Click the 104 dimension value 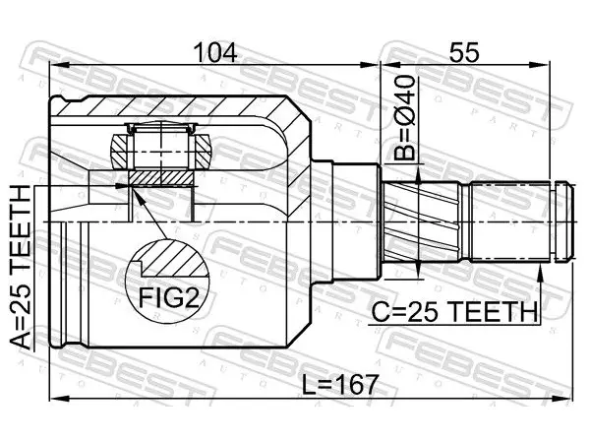pos(215,52)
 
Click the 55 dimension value pos(464,52)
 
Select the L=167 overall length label pos(340,384)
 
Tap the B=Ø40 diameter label pos(405,117)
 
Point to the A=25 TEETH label pos(20,269)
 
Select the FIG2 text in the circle pos(168,297)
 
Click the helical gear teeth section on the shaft pos(421,221)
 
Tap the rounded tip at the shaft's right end pos(564,221)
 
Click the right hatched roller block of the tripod pos(204,152)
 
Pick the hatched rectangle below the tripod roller pos(161,178)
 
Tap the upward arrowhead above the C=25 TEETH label pos(540,273)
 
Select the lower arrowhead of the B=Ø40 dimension pos(418,270)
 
